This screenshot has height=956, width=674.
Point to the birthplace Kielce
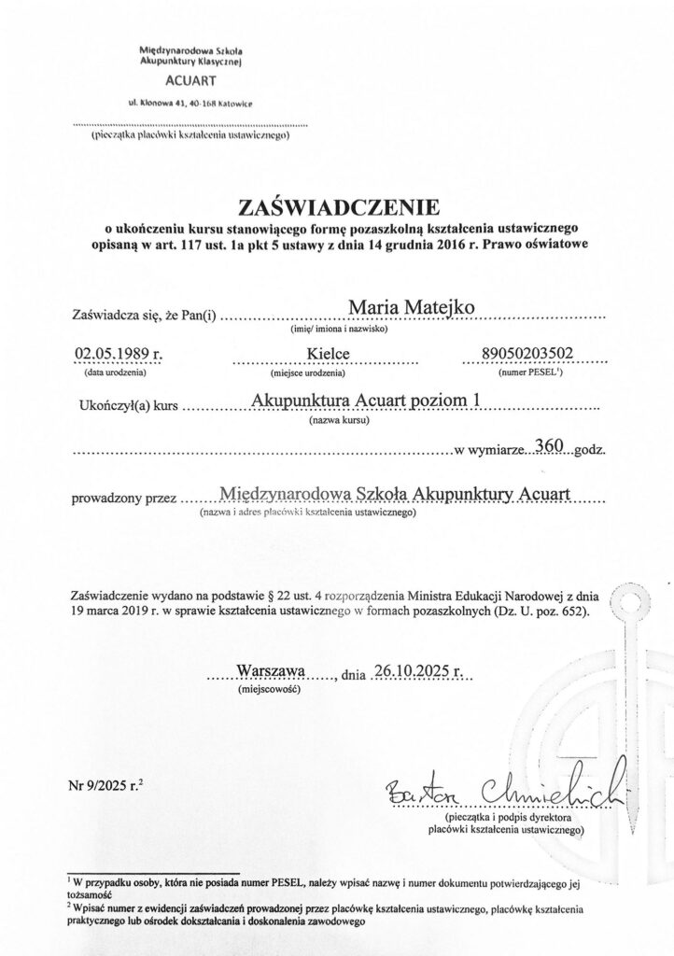[325, 354]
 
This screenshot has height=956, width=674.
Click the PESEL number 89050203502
[527, 353]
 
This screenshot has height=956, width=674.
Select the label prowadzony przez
[124, 498]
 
